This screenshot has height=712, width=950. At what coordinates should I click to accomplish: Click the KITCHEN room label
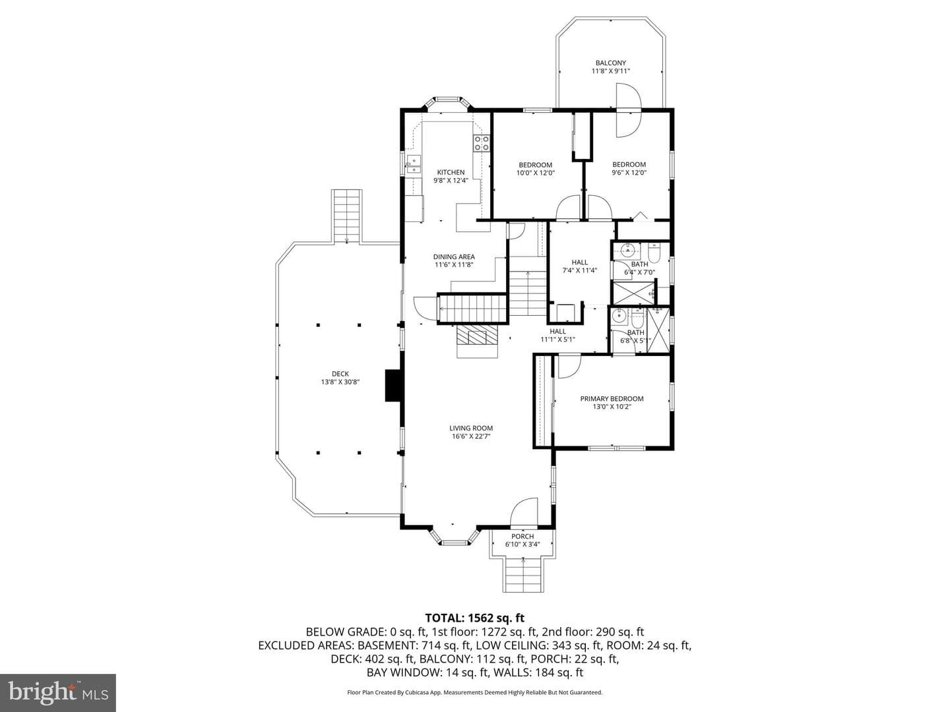coord(451,172)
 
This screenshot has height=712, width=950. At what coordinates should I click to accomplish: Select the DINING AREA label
coord(454,256)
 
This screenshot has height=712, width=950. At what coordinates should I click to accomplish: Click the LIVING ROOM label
coord(471,428)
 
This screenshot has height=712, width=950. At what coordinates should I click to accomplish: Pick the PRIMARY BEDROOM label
coord(612,399)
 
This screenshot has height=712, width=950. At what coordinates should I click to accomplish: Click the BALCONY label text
coord(610,63)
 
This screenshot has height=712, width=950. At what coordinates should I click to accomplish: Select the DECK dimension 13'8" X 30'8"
coord(340,382)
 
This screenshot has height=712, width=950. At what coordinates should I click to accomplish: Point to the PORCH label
coord(522,536)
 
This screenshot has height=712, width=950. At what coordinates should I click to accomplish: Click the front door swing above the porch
coord(524,512)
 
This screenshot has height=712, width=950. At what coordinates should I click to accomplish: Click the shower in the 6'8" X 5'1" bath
coord(658,330)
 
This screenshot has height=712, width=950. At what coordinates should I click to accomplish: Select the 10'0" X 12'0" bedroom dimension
coord(536,173)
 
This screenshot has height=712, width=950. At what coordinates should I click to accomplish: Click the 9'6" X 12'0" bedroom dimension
coord(629,173)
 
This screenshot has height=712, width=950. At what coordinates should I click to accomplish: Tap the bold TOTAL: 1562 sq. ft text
coord(475,618)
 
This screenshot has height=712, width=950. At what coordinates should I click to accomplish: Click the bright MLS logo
coord(58,692)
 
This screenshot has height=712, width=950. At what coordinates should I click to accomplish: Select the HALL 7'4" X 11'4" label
coord(579,266)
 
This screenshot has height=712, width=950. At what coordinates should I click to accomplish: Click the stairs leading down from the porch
coord(523,575)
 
